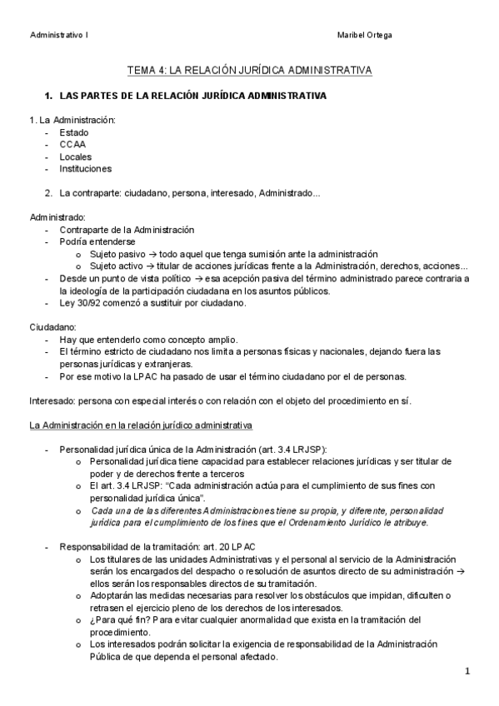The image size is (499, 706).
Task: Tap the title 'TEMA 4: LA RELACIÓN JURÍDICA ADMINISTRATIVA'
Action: [249, 72]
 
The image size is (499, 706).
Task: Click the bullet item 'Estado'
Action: [74, 132]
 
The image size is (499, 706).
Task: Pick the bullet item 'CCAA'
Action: [72, 144]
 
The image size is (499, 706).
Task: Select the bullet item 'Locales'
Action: [76, 157]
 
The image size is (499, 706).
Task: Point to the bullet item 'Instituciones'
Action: [85, 168]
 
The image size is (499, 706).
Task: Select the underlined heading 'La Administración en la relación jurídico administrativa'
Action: [141, 425]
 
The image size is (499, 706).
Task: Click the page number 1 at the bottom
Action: [467, 671]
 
